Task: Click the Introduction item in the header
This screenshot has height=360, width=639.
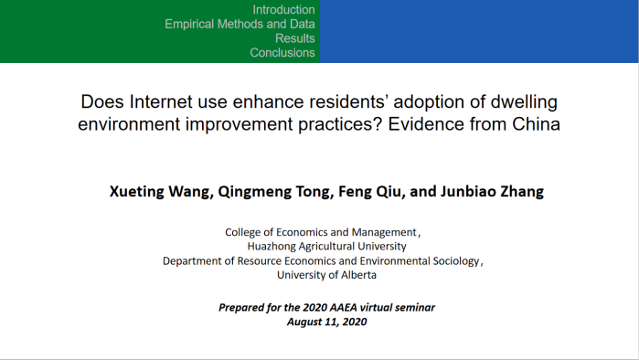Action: (x=283, y=10)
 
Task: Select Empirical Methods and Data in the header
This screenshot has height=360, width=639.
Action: (x=240, y=24)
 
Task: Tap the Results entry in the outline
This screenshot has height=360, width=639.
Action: (x=295, y=38)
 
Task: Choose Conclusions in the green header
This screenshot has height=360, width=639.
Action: (x=282, y=52)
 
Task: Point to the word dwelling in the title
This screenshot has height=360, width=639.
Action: (x=524, y=102)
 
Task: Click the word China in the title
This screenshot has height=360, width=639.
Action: (x=536, y=124)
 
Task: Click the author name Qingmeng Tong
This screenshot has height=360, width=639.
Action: (x=275, y=191)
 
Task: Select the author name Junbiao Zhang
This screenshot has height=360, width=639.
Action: (x=492, y=191)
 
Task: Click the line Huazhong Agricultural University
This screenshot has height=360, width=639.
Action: (x=327, y=247)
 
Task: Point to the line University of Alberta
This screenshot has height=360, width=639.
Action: (x=327, y=275)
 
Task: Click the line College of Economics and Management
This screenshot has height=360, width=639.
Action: (x=321, y=232)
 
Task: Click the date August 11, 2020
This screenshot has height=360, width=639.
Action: (x=327, y=322)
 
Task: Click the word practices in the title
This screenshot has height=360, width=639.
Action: (x=340, y=124)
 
